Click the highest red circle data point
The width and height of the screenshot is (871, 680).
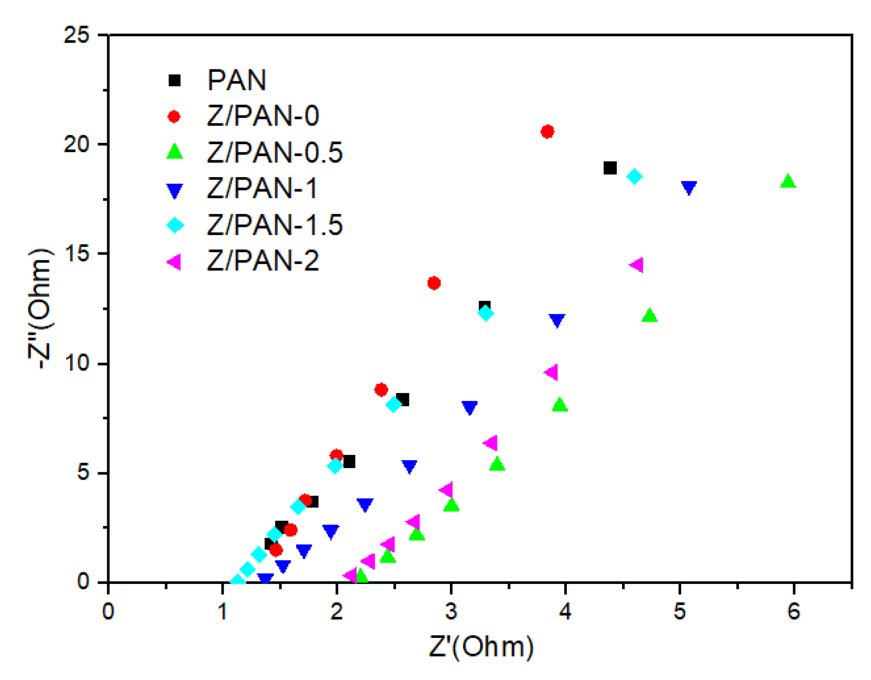pyautogui.click(x=547, y=132)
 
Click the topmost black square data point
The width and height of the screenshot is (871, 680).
pyautogui.click(x=610, y=168)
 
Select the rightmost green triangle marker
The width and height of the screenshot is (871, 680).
pyautogui.click(x=787, y=182)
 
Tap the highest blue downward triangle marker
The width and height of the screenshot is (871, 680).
pyautogui.click(x=689, y=187)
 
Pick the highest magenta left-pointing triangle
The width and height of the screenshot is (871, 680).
pyautogui.click(x=637, y=265)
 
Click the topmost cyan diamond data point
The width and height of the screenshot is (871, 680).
pyautogui.click(x=634, y=176)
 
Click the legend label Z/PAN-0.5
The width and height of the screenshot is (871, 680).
pyautogui.click(x=274, y=152)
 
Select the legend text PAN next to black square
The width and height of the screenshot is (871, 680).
pyautogui.click(x=237, y=81)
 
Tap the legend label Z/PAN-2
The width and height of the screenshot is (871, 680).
pyautogui.click(x=263, y=261)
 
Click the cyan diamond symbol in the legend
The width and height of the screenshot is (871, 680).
pyautogui.click(x=175, y=225)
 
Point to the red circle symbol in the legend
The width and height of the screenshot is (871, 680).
pyautogui.click(x=174, y=117)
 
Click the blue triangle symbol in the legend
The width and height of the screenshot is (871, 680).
pyautogui.click(x=174, y=190)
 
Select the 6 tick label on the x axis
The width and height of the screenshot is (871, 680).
pyautogui.click(x=794, y=611)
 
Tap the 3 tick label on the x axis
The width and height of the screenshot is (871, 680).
pyautogui.click(x=451, y=611)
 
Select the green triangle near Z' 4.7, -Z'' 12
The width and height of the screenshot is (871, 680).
pyautogui.click(x=650, y=316)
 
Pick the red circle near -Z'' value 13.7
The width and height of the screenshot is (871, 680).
pyautogui.click(x=434, y=283)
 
